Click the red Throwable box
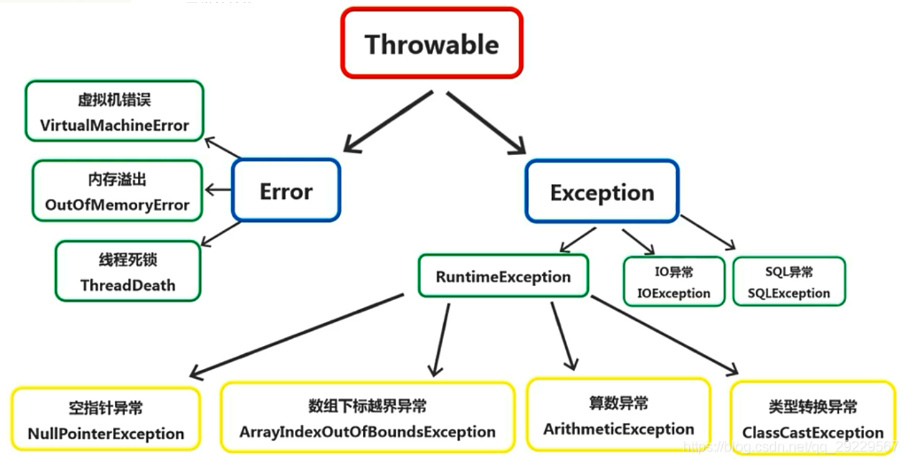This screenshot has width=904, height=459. [x=431, y=44]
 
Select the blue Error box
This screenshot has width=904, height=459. [x=286, y=191]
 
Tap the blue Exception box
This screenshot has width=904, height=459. [x=601, y=192]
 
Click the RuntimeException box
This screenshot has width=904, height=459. [x=503, y=276]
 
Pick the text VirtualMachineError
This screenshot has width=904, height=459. [x=114, y=125]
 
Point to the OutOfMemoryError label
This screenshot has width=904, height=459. [x=117, y=204]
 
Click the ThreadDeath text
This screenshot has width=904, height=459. [x=128, y=285]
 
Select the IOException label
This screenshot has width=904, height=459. [x=674, y=294]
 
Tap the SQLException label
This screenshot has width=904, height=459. [x=788, y=294]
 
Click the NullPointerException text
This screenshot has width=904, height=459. [x=106, y=433]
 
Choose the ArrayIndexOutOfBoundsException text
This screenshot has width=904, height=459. [x=367, y=431]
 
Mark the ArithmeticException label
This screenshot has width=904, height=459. [x=618, y=429]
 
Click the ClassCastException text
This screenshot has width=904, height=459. [x=813, y=433]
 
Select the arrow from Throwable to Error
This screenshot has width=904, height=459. [x=387, y=122]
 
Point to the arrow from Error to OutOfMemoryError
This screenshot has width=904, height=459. [x=219, y=190]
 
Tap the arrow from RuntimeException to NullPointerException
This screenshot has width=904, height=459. [x=295, y=336]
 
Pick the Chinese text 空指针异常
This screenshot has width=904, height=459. [x=106, y=408]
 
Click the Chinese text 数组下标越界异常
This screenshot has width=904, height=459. [x=367, y=406]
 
